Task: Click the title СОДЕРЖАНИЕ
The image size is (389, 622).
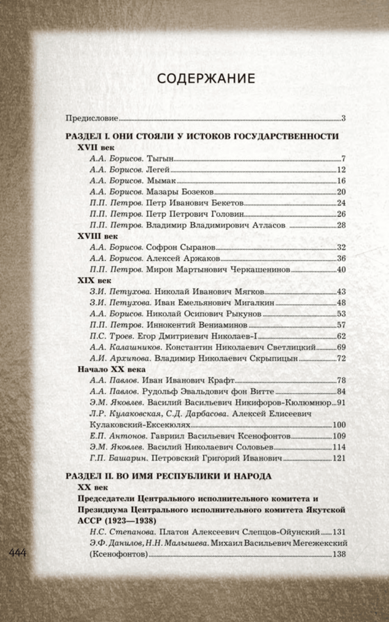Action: click(x=206, y=79)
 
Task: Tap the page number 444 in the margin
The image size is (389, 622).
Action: click(x=18, y=553)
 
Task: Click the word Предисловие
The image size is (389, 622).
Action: click(x=92, y=118)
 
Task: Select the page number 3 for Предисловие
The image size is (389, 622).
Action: click(x=343, y=119)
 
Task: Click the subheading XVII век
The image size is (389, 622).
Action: click(x=96, y=147)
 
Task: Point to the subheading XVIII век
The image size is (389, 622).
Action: click(x=98, y=236)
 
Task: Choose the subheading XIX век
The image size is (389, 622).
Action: click(x=94, y=280)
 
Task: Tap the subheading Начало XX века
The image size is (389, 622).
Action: click(x=112, y=369)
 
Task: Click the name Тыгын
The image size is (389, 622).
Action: click(x=160, y=159)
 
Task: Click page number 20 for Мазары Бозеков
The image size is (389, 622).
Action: click(x=341, y=192)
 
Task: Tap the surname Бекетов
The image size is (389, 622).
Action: click(x=228, y=203)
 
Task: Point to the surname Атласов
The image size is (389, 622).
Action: click(x=269, y=225)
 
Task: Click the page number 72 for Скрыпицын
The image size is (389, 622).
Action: click(x=341, y=359)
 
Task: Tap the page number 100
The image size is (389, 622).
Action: click(x=339, y=425)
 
